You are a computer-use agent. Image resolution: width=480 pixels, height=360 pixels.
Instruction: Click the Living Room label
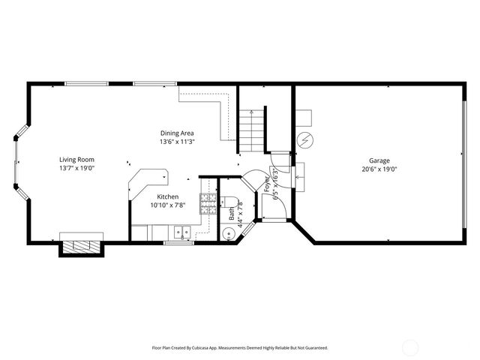pos(77,160)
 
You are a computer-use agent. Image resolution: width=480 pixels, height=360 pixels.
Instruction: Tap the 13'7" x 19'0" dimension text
pos(77,169)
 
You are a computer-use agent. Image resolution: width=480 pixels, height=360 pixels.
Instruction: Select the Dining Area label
pos(176,133)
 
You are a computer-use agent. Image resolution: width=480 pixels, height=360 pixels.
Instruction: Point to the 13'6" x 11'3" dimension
pos(176,142)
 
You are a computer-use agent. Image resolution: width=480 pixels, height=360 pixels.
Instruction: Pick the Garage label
pos(379,160)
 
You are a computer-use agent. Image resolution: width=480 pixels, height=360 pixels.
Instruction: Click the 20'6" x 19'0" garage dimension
pos(379,169)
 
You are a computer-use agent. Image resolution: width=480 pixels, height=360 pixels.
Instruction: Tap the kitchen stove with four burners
pos(208,202)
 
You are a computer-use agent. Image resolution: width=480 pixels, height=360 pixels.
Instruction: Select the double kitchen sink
pos(178,232)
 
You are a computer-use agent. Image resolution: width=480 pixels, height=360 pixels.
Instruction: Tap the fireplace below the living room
pos(81,246)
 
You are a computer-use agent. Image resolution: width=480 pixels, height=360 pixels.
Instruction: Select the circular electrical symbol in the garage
pos(306,139)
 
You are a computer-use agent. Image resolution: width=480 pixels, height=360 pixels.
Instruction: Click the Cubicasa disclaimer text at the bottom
pos(240,348)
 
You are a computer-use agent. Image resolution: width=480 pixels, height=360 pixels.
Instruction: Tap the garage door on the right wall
pos(464,163)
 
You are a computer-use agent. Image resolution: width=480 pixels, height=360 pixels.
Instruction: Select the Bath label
pos(232,214)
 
